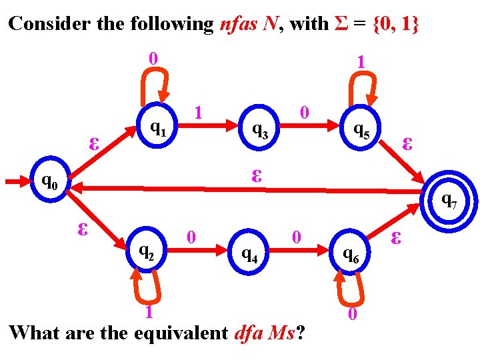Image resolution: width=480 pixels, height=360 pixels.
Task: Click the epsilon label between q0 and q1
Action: click(x=95, y=143)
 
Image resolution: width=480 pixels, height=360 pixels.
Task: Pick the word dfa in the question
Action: click(x=249, y=332)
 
